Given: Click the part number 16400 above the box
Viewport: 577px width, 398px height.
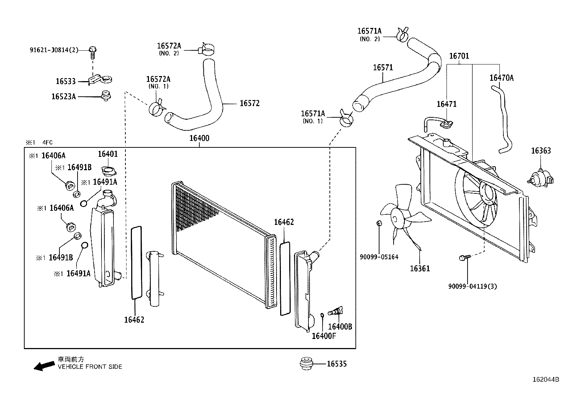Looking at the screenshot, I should pos(199,138).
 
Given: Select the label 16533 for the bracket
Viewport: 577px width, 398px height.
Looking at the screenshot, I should pos(66,81).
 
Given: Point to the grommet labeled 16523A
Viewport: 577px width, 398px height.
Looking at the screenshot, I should pos(107,96).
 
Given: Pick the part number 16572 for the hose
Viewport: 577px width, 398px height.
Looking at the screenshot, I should pos(249,103).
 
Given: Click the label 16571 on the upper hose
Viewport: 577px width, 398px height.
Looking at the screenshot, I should pos(383,68).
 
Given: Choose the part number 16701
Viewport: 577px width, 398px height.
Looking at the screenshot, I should pos(459,56).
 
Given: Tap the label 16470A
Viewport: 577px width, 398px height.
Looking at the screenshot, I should pos(501,78).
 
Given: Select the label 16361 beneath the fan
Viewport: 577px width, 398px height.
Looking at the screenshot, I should pos(420,268).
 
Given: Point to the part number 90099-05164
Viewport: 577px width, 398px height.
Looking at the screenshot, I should pos(379,257).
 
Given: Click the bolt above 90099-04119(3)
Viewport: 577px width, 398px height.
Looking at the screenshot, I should pos(463,257).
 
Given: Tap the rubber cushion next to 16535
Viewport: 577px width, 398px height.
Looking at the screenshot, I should pos(307,363).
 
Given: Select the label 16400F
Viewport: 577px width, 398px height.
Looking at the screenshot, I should pos(324,336).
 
